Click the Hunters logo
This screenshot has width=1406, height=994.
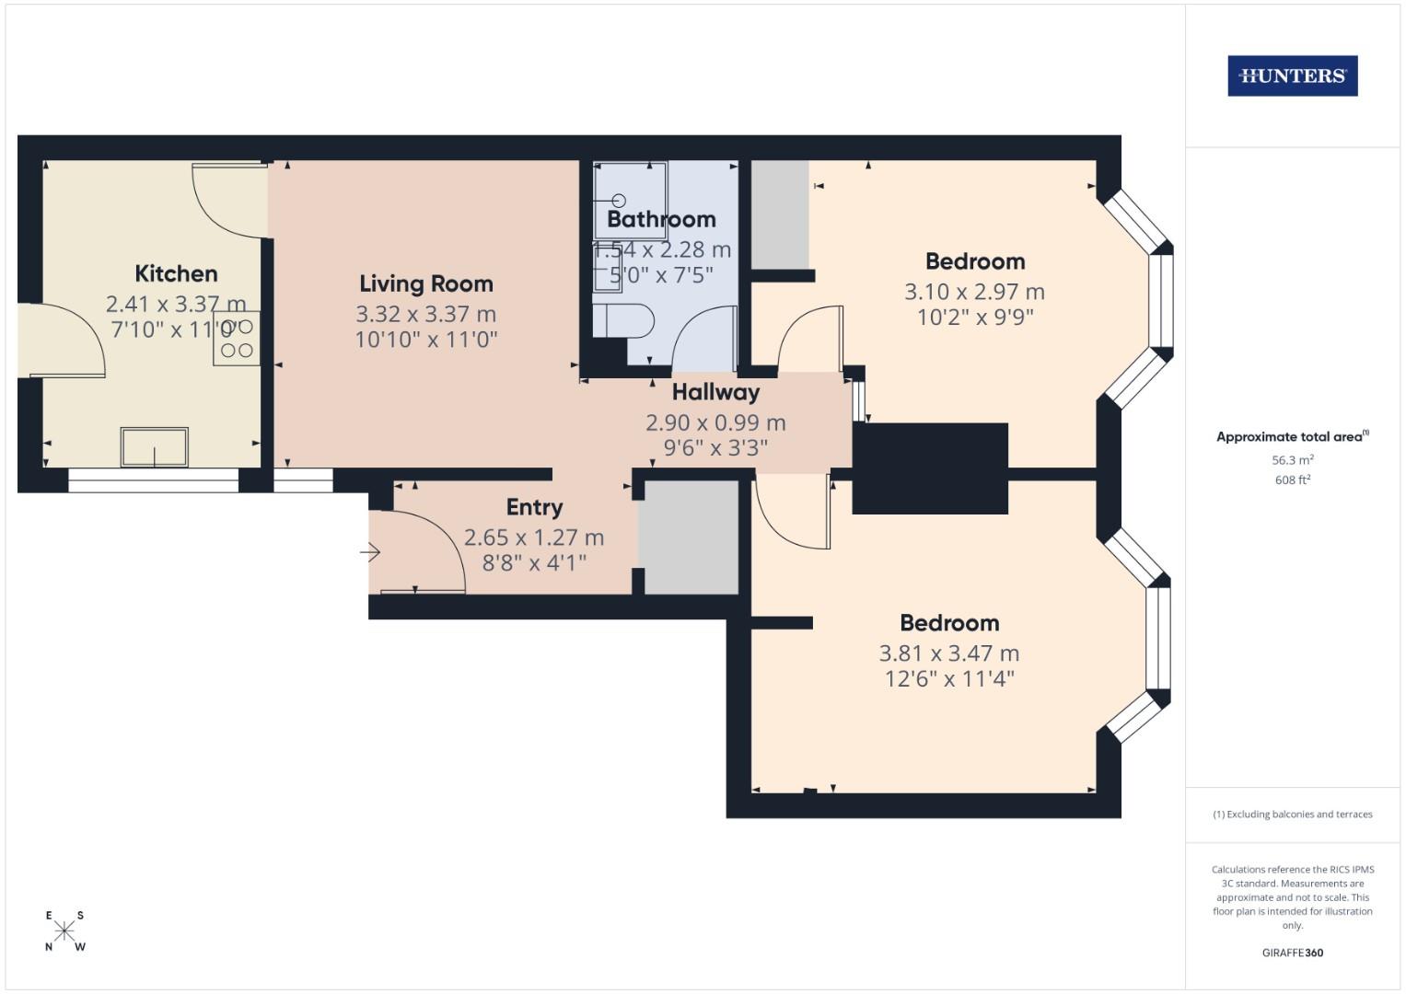point(1292,76)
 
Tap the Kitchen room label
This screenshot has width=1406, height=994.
point(176,273)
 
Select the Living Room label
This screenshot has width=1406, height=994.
point(425,283)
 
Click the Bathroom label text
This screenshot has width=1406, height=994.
point(661,219)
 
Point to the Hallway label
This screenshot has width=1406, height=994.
point(715,392)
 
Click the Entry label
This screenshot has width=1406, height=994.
point(534,507)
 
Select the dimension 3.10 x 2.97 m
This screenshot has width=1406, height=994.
point(974,292)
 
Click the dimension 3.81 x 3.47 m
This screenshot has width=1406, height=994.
point(948,653)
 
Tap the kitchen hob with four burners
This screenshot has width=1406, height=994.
point(237,338)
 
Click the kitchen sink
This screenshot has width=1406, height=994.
point(154,447)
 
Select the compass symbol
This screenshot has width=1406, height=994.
point(64,930)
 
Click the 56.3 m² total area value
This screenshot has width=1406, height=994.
point(1292,460)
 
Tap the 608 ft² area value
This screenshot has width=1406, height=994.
point(1292,480)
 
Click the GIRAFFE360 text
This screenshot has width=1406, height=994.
point(1292,953)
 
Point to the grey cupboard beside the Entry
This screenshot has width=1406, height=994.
point(690,537)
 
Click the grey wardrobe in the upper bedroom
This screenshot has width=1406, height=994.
point(781,214)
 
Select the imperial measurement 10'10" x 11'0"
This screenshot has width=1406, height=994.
point(425,340)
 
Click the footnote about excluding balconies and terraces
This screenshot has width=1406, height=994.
point(1292,815)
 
